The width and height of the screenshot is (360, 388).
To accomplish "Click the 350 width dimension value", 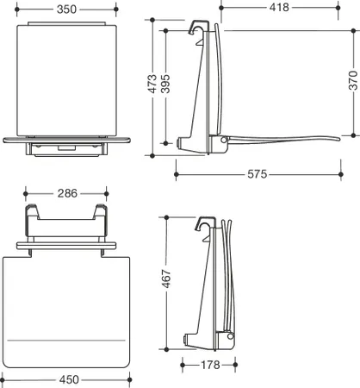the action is pyautogui.click(x=66, y=9).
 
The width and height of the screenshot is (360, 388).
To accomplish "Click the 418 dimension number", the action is pyautogui.click(x=279, y=8).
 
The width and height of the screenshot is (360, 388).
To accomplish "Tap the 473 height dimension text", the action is pyautogui.click(x=152, y=84).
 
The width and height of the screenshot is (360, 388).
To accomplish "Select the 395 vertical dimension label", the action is pyautogui.click(x=165, y=84).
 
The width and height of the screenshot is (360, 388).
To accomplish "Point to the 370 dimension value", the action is pyautogui.click(x=353, y=81).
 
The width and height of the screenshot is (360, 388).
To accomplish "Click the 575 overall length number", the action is pyautogui.click(x=258, y=174).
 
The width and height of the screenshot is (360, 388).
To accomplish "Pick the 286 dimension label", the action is pyautogui.click(x=67, y=193).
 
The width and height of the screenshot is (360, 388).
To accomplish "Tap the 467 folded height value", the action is pyautogui.click(x=166, y=278).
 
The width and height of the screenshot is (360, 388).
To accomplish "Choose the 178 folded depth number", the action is pyautogui.click(x=210, y=365).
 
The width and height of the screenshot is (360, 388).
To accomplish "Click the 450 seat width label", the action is pyautogui.click(x=69, y=379).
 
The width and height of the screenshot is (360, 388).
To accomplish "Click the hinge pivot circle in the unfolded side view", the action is pyautogui.click(x=224, y=140).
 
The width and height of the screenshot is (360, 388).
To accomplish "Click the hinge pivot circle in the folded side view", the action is pyautogui.click(x=230, y=336).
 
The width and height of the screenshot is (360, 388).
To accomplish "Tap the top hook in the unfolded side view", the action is pyautogui.click(x=197, y=25).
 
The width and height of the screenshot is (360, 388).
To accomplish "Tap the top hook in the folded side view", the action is pyautogui.click(x=205, y=222).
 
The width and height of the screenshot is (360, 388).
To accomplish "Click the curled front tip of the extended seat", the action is pyautogui.click(x=337, y=140).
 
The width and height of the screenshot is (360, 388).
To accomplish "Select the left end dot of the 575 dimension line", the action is pyautogui.click(x=177, y=174).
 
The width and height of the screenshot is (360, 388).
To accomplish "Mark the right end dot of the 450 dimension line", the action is pyautogui.click(x=129, y=379).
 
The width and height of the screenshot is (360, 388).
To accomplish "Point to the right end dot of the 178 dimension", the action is pyautogui.click(x=235, y=365).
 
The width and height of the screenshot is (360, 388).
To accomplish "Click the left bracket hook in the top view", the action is pyautogui.click(x=31, y=210).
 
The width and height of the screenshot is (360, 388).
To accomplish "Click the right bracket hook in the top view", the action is pyautogui.click(x=101, y=210).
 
